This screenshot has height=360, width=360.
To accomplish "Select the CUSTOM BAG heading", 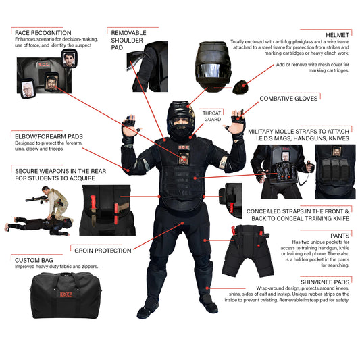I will (x=34, y=259).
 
